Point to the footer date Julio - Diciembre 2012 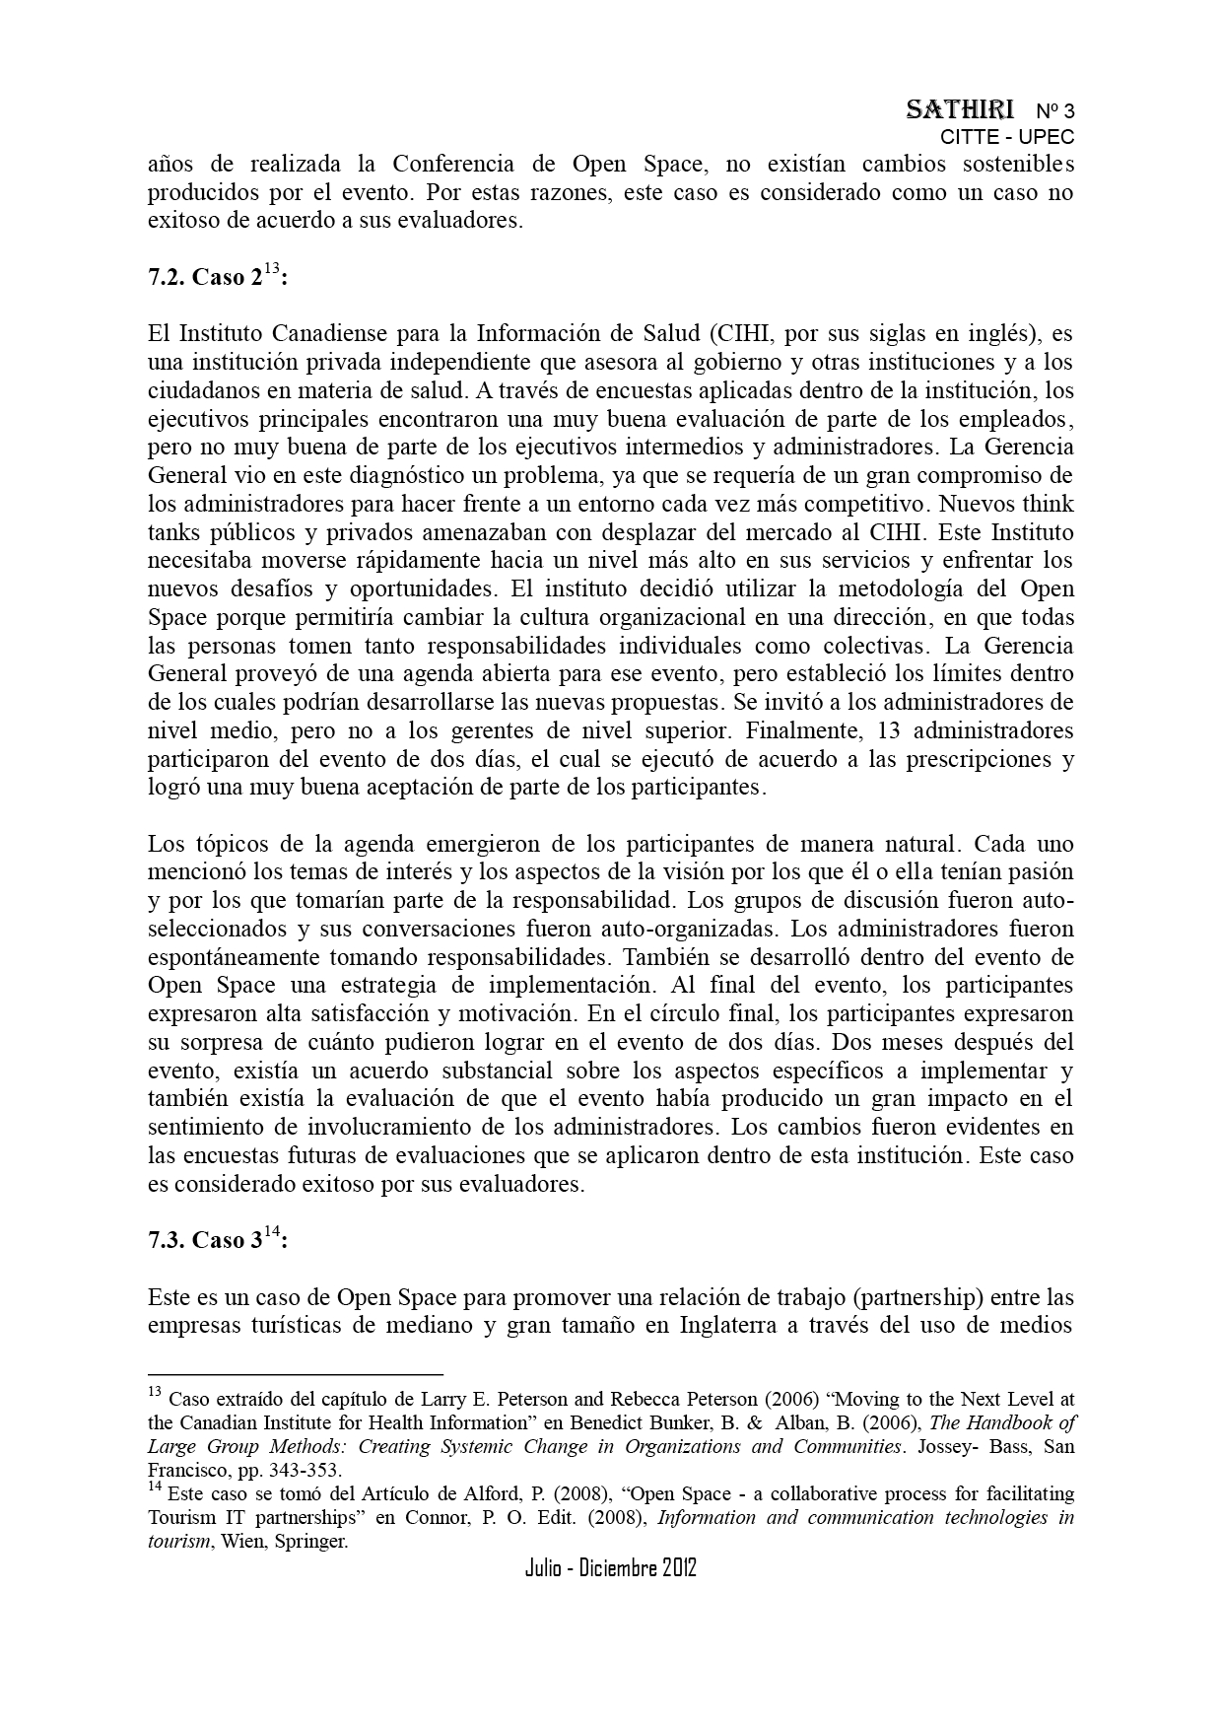(611, 1568)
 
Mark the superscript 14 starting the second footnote (155, 1489)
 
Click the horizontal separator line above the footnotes (296, 1373)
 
